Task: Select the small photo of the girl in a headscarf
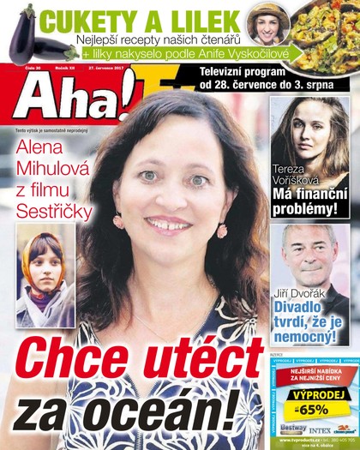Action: [x=45, y=279]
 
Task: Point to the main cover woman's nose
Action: [x=168, y=196]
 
